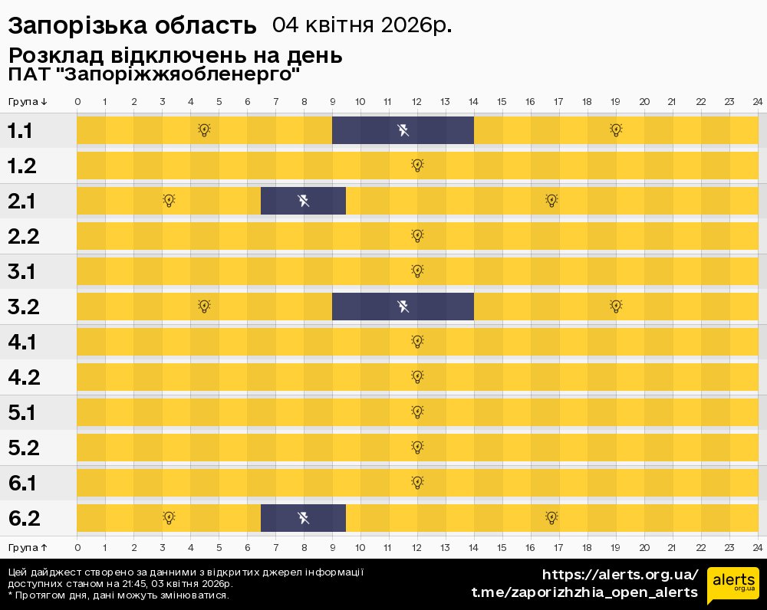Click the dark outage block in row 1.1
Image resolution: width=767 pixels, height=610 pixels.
[403, 130]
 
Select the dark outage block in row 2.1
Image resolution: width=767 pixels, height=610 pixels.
[303, 201]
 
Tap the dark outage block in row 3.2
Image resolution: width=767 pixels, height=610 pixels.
[403, 307]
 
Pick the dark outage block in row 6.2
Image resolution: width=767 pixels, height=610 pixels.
[303, 518]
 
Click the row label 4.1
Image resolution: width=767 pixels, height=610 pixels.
[24, 342]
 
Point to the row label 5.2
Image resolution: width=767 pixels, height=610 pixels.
[24, 448]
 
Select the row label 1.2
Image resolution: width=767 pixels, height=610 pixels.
[24, 166]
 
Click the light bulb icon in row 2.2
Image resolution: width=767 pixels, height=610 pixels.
[417, 236]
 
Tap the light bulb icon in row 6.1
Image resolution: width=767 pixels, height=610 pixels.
[417, 483]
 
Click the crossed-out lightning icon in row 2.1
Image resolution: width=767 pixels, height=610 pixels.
[304, 201]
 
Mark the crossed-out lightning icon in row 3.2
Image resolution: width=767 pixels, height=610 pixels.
[403, 307]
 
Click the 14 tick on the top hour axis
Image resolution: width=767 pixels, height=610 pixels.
[473, 102]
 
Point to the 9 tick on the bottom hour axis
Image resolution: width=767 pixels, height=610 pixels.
[332, 548]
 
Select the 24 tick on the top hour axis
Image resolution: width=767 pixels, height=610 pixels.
[757, 102]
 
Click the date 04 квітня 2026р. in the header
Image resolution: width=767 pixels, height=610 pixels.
[362, 25]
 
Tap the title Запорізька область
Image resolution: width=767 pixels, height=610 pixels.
[132, 26]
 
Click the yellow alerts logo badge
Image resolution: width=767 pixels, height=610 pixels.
[732, 586]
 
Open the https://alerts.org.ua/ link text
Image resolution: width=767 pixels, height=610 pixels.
[621, 575]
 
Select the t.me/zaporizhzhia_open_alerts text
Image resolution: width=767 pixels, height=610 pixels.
[584, 592]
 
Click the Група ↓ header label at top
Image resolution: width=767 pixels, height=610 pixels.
[28, 102]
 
